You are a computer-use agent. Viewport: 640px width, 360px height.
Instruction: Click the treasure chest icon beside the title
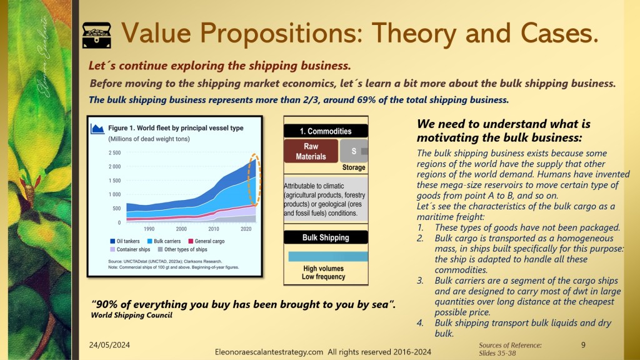point(96,35)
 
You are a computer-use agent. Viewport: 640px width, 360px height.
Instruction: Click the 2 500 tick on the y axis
point(115,153)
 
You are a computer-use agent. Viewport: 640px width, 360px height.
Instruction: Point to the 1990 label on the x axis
point(149,229)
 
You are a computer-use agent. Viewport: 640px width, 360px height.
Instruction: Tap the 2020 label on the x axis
point(246,229)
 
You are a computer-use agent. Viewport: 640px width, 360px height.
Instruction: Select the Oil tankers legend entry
point(125,241)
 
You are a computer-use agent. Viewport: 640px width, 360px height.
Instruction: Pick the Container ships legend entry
point(130,249)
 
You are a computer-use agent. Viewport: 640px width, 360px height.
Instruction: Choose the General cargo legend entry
point(206,241)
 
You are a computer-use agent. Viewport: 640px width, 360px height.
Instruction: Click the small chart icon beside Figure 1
point(97,129)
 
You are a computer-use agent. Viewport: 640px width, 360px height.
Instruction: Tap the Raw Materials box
point(311,151)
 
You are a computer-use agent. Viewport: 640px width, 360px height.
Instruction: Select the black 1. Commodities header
point(326,131)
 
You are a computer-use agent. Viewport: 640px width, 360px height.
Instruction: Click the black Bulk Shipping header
point(326,237)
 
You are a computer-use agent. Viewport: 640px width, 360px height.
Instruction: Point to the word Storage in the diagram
point(354,167)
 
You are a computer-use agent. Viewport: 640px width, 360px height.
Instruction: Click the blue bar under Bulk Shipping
point(328,256)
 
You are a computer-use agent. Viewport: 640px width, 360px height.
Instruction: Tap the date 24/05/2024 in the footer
point(109,345)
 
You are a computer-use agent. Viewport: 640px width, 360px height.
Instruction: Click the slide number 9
point(583,345)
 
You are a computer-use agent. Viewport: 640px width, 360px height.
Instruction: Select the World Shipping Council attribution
point(131,315)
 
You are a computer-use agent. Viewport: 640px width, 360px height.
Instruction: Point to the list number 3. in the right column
point(421,281)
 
